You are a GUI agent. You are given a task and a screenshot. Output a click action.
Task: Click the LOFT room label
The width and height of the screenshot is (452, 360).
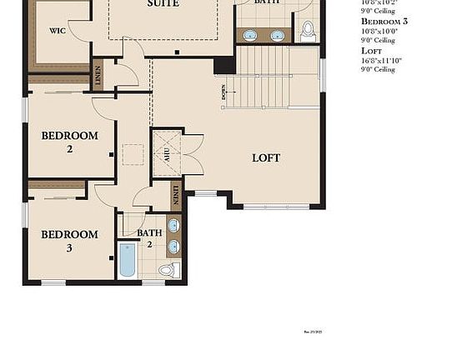266,157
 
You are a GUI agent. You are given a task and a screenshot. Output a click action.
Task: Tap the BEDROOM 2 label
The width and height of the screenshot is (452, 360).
70,142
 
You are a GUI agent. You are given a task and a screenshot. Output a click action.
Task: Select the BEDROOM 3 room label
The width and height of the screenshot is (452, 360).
70,241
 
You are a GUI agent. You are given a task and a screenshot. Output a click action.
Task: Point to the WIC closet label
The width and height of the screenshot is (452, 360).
58,31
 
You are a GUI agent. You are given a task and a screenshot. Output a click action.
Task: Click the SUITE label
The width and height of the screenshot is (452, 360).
163,4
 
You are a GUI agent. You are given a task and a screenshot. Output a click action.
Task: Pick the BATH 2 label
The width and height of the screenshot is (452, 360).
150,238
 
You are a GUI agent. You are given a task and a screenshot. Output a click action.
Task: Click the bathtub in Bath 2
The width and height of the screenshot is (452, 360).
127,260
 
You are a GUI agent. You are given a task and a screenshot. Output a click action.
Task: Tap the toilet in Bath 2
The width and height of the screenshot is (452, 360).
166,270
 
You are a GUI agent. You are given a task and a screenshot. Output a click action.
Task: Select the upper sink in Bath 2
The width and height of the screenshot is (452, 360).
173,226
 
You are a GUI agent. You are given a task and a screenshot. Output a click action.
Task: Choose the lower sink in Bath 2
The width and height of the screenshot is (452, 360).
173,246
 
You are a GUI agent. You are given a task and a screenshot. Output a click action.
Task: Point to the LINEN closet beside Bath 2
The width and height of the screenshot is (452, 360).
175,196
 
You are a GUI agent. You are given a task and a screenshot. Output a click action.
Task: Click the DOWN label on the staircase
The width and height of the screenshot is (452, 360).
224,92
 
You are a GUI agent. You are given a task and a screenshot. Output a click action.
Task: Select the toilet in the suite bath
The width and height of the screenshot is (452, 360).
308,31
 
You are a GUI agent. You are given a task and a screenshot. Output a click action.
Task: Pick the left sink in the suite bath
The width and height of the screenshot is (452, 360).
249,36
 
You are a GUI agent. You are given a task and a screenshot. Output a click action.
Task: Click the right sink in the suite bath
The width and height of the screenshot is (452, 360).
277,36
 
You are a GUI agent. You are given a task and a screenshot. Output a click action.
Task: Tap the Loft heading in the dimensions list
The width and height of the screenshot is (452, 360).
372,50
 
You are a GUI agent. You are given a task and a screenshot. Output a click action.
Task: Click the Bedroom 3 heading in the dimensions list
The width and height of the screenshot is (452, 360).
384,20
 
